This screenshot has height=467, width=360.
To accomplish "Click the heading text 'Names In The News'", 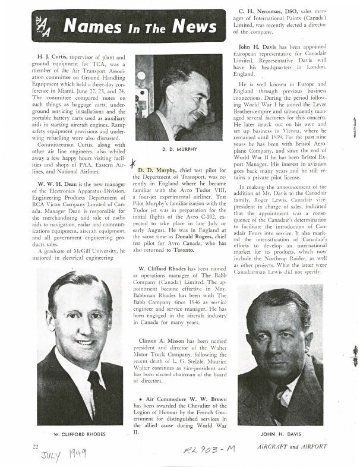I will pos(140,26).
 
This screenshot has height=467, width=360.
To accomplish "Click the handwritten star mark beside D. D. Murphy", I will pos(133,168).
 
